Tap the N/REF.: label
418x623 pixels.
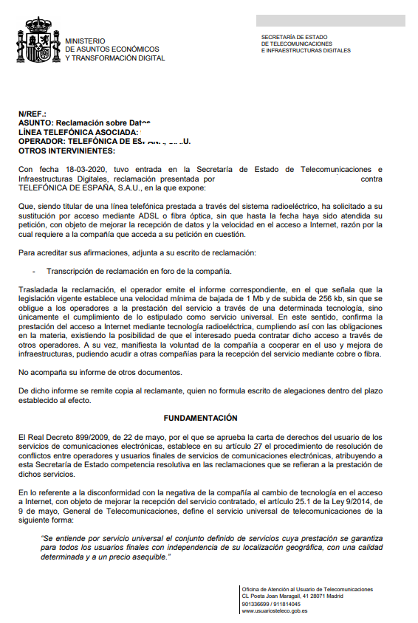(x=32, y=114)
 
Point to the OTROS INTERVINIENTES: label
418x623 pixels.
(x=67, y=150)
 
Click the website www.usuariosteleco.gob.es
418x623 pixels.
(x=275, y=610)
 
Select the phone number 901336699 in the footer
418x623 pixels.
(x=256, y=604)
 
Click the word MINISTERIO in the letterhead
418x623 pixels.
(x=85, y=41)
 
